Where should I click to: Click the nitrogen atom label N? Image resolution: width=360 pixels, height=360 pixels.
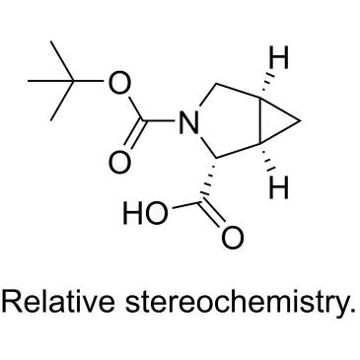[189, 122]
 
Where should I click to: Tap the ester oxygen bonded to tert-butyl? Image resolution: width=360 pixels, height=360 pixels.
[119, 83]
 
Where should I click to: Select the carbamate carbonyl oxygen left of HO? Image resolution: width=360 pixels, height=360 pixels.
[119, 163]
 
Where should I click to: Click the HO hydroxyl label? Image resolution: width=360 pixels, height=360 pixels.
[145, 213]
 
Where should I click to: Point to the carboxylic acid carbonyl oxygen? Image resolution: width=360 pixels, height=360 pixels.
[233, 238]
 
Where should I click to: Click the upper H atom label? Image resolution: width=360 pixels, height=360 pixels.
[278, 58]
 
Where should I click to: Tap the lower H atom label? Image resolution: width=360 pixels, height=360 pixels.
[278, 187]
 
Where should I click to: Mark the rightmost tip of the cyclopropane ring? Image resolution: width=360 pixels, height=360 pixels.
[301, 121]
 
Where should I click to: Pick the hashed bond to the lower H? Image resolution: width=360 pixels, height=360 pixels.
[266, 157]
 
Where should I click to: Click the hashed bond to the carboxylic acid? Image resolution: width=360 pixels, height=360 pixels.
[209, 180]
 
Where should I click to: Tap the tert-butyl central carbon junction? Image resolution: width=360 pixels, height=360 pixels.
[73, 81]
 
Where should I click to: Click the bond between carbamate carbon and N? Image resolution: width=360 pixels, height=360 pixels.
[159, 120]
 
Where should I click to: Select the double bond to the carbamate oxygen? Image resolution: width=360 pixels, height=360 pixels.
[135, 135]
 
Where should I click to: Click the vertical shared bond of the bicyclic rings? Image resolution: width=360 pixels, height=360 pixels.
[260, 120]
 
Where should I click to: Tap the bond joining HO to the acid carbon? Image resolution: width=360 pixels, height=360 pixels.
[186, 204]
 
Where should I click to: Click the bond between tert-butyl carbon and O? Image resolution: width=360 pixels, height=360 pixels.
[88, 81]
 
